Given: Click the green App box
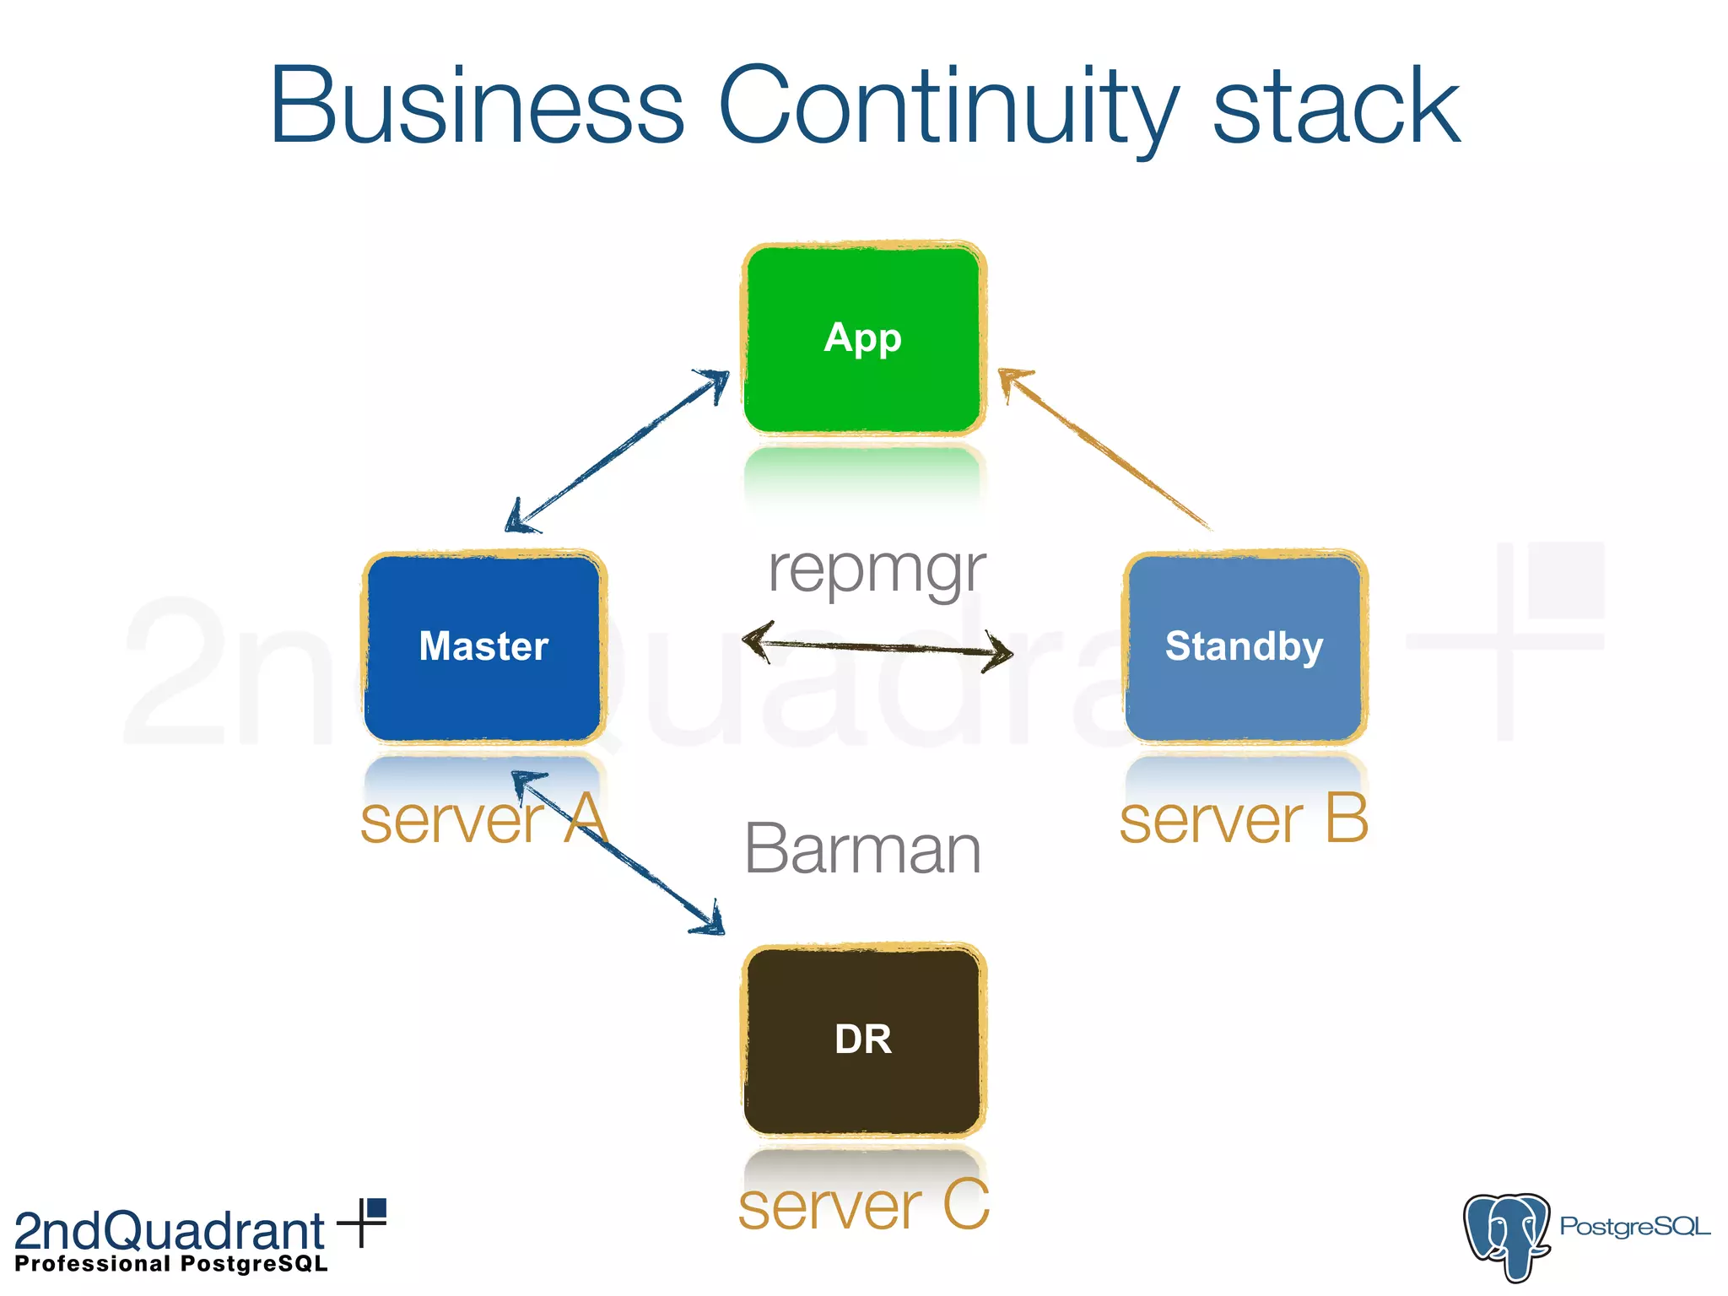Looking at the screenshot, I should click(x=863, y=339).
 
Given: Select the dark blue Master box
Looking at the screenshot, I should click(x=483, y=647).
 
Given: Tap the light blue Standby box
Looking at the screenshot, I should click(x=1245, y=647).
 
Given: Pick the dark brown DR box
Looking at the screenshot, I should click(x=863, y=1039).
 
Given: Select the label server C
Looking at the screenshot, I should click(x=863, y=1207).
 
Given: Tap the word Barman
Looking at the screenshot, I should click(x=863, y=850).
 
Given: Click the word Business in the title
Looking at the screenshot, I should click(x=477, y=107).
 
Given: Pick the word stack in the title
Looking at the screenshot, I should click(x=1336, y=107).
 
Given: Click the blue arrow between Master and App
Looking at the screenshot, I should click(x=618, y=451).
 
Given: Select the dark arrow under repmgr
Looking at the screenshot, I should click(x=877, y=647).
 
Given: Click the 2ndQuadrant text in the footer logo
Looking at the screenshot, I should click(x=169, y=1231).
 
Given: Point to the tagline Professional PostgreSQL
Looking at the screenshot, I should click(x=171, y=1264).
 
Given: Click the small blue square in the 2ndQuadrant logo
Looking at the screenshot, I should click(x=376, y=1209).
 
